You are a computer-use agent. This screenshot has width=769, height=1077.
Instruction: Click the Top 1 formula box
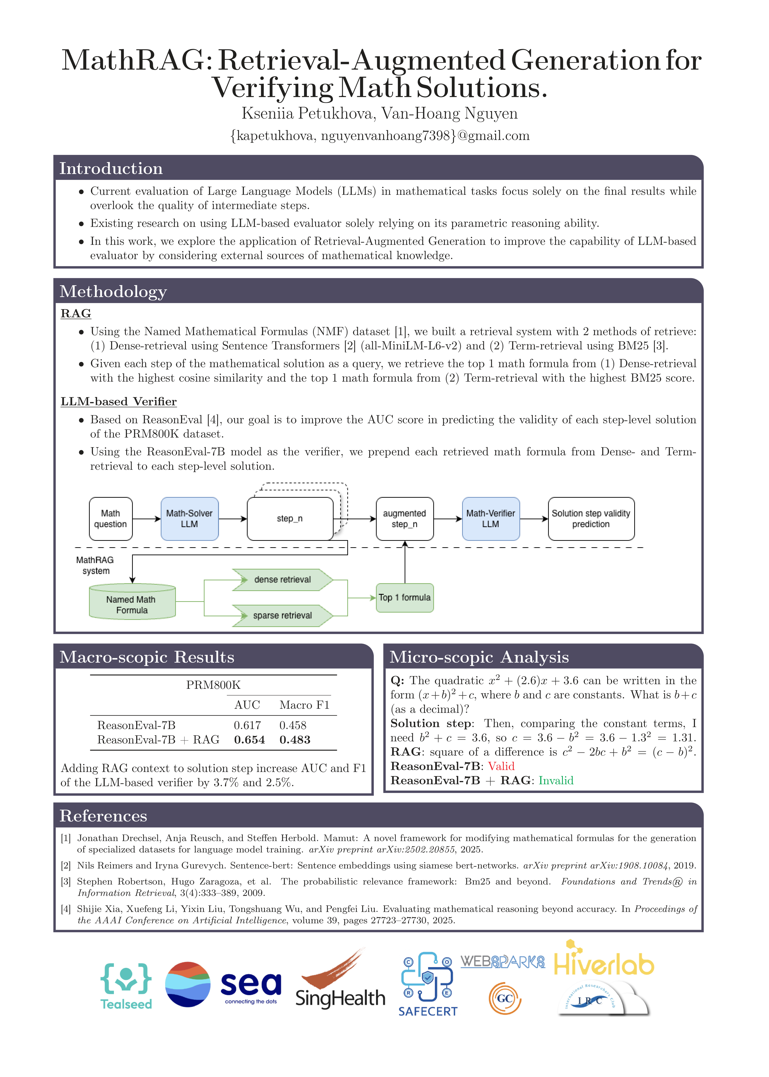pos(404,598)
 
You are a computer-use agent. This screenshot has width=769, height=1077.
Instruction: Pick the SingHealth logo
pos(340,983)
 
